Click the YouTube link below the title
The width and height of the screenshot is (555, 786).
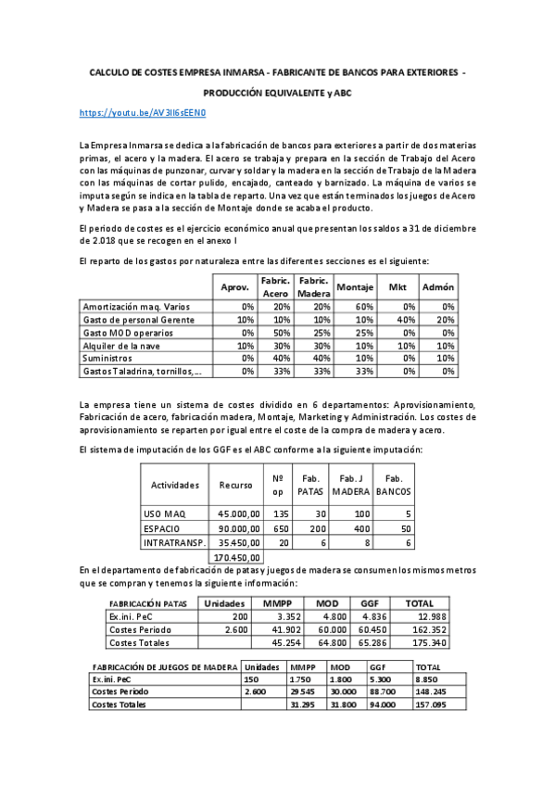[x=142, y=112]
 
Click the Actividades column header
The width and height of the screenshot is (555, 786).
[x=175, y=484]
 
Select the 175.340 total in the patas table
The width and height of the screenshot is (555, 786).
[x=427, y=642]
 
